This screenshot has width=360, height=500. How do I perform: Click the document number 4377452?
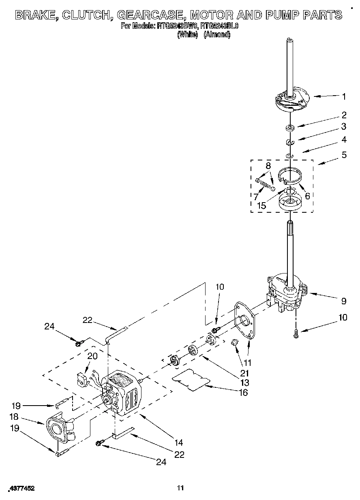(x=21, y=489)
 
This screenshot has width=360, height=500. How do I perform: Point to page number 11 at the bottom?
(x=180, y=488)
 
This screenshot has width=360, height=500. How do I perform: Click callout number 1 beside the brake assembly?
(x=344, y=96)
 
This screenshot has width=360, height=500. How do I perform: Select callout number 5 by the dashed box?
(x=344, y=155)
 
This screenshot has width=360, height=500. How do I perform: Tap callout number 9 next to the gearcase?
(x=344, y=301)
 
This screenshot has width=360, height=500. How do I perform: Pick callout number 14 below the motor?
(x=179, y=442)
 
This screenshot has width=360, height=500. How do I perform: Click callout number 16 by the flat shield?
(x=243, y=392)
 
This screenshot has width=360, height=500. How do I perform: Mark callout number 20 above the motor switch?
(x=93, y=356)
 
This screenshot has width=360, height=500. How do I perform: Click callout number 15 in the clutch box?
(x=261, y=205)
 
